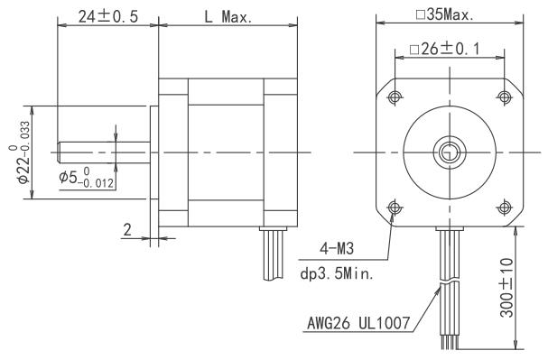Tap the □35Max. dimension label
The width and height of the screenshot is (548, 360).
click(x=448, y=14)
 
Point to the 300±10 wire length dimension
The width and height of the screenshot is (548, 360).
click(x=530, y=287)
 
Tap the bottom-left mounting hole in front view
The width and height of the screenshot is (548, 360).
click(x=394, y=207)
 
